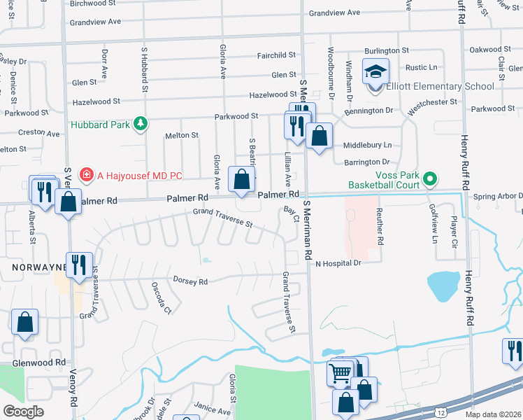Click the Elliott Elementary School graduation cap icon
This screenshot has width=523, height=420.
pos(375,71)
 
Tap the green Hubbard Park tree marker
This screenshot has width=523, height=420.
pos(141,124)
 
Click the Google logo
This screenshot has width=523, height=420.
pos(23,412)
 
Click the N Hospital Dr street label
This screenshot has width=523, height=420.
pos(337,263)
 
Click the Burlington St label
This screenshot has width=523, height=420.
pos(386,50)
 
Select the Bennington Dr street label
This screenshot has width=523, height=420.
pos(369,111)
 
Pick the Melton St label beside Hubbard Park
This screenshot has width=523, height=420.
pos(181,135)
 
